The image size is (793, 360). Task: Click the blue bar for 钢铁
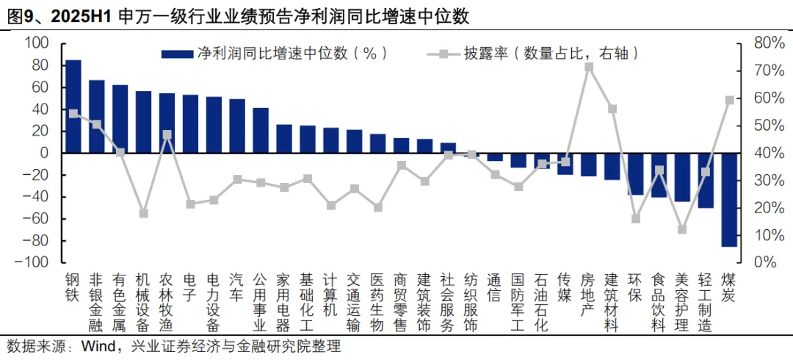tap(73, 107)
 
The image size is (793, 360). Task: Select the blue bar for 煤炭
tap(729, 200)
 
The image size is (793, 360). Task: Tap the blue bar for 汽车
tap(237, 126)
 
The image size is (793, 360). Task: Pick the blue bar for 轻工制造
tap(706, 180)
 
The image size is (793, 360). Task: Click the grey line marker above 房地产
tap(589, 67)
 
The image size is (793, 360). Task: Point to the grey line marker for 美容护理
tap(682, 229)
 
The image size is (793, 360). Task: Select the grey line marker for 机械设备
tap(144, 213)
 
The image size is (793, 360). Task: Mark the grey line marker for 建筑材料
tap(612, 109)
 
